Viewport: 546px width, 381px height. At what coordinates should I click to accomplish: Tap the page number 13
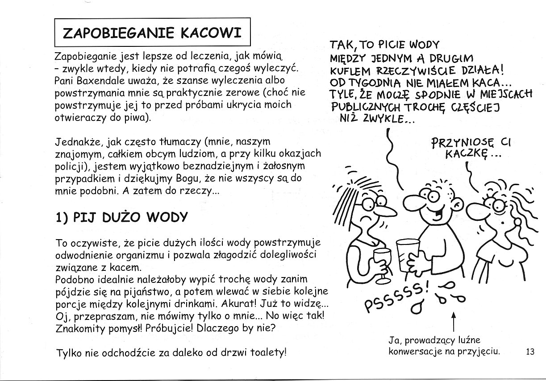pyautogui.click(x=530, y=352)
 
